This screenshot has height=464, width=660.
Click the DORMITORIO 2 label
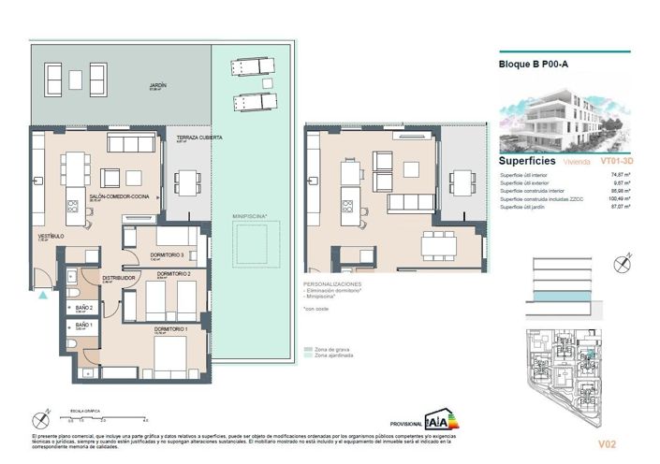pyautogui.click(x=175, y=273)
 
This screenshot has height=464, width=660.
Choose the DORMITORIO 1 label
pyautogui.click(x=171, y=328)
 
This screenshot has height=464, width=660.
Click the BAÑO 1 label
pyautogui.click(x=83, y=325)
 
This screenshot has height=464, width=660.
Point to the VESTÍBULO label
pyautogui.click(x=51, y=237)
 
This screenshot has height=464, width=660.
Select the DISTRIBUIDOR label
pyautogui.click(x=119, y=278)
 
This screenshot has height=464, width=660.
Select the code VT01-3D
pyautogui.click(x=614, y=161)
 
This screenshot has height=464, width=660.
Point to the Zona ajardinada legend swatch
pyautogui.click(x=308, y=356)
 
